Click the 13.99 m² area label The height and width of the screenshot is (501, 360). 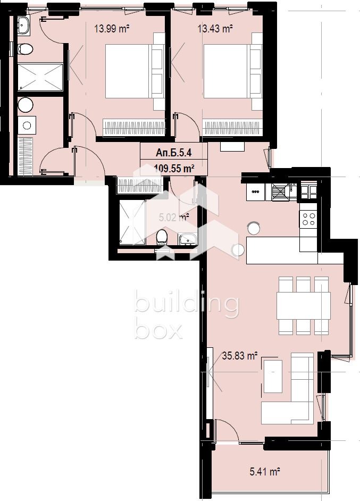point(113,29)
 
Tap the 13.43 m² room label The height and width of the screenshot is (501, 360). point(215,29)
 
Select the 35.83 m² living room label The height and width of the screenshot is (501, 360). point(240,356)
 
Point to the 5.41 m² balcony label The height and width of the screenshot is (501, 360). point(265,471)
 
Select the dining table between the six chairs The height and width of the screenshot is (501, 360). point(304,305)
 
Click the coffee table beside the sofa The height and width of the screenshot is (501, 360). point(273,376)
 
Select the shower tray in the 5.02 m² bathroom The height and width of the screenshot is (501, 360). point(130,222)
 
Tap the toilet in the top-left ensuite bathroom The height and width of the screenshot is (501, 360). point(25,49)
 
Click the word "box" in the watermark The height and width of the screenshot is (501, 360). point(158,330)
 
